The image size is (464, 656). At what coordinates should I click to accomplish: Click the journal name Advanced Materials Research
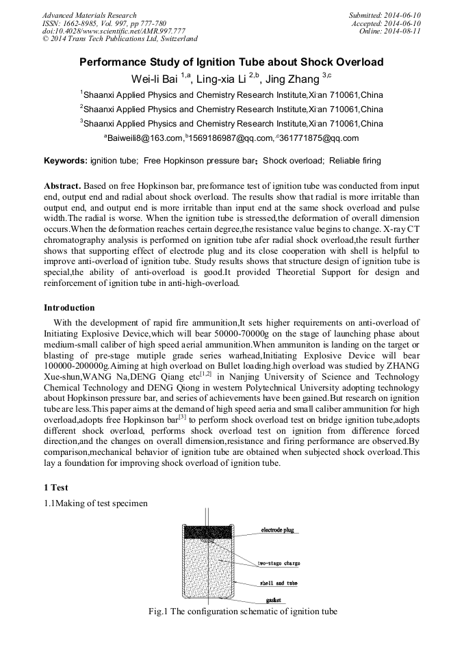pos(89,15)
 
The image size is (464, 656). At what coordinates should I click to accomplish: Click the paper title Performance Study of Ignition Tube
pos(231,62)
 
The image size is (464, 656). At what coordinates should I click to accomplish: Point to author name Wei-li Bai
pos(155,79)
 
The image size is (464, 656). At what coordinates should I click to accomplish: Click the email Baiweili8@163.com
pos(143,138)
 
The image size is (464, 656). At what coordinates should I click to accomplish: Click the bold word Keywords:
pos(66,161)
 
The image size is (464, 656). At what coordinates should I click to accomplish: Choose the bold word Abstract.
pos(63,186)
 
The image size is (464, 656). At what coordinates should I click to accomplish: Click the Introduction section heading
pos(69,307)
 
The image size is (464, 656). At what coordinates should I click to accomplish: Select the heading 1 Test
pos(55,488)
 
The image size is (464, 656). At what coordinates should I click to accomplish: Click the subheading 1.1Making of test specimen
pos(95,503)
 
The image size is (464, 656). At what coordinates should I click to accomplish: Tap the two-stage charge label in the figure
pos(279,563)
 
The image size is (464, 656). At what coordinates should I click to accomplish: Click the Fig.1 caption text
pos(243,611)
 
